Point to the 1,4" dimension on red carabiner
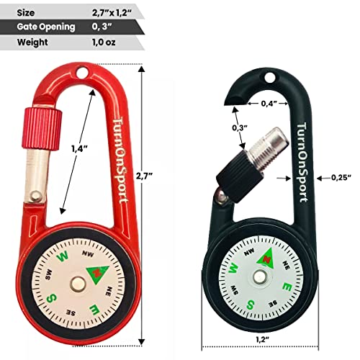pos(80,149)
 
